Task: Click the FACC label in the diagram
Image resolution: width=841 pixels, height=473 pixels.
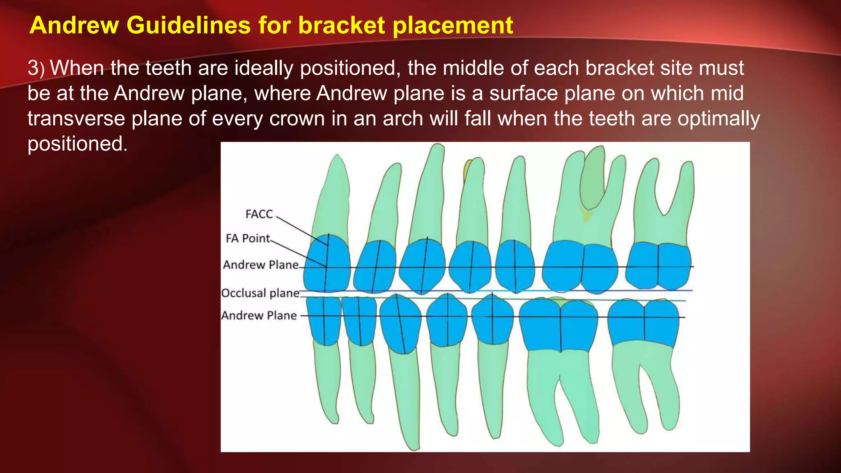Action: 259,214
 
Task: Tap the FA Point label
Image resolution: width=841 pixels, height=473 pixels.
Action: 248,238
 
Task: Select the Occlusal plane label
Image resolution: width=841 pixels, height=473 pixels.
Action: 260,293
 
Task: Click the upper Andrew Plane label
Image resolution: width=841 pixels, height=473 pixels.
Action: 261,265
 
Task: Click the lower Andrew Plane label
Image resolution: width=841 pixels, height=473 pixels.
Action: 259,315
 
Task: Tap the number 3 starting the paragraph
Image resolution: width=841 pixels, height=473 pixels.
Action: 33,68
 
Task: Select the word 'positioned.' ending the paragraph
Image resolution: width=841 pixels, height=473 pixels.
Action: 77,144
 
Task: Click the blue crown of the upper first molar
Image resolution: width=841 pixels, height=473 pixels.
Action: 580,267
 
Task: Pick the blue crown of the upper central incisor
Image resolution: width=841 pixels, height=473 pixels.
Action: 327,263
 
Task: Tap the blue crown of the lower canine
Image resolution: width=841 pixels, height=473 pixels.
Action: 400,324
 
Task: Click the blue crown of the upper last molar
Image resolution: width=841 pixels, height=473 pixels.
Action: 659,266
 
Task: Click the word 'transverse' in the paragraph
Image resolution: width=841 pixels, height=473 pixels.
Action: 76,119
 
